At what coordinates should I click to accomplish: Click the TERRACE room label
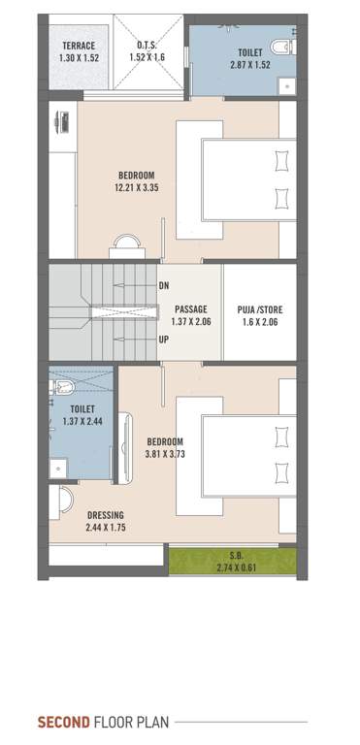(x=77, y=46)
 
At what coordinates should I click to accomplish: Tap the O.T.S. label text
(x=148, y=45)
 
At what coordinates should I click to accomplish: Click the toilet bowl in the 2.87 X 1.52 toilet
(x=280, y=45)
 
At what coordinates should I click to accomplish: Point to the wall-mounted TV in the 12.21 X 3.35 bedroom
(x=61, y=121)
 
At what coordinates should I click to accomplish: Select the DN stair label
(x=163, y=286)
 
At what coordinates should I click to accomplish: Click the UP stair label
(x=163, y=340)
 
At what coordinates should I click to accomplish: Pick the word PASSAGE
(x=192, y=309)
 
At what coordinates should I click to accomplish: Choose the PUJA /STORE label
(x=259, y=309)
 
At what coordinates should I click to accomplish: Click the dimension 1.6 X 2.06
(x=259, y=323)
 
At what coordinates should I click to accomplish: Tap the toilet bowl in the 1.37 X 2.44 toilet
(x=63, y=388)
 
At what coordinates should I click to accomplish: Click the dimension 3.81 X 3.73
(x=164, y=454)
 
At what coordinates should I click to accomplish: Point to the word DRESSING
(x=106, y=515)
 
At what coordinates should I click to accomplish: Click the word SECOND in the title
(x=63, y=723)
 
